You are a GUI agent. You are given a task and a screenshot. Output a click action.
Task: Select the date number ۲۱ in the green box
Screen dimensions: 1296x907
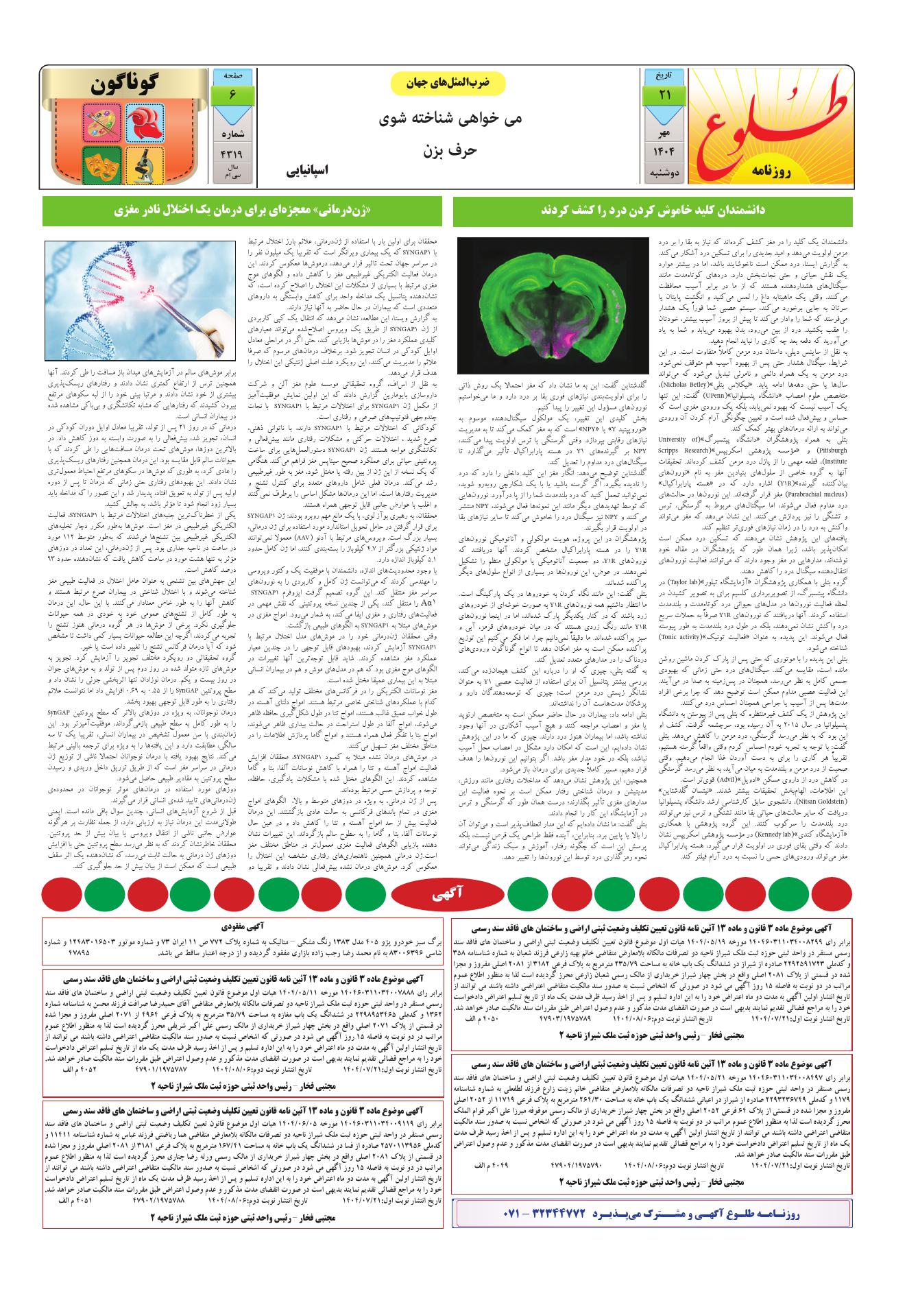pyautogui.click(x=664, y=96)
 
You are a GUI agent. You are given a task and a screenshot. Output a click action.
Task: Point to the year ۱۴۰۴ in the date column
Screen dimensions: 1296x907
pyautogui.click(x=664, y=151)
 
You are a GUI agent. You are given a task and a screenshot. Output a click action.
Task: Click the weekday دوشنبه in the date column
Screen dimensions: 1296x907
pyautogui.click(x=664, y=173)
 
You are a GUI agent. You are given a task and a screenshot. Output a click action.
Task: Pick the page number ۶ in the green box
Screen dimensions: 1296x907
pyautogui.click(x=233, y=96)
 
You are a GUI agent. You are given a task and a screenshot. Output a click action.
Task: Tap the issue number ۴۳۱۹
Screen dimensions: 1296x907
pyautogui.click(x=233, y=154)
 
